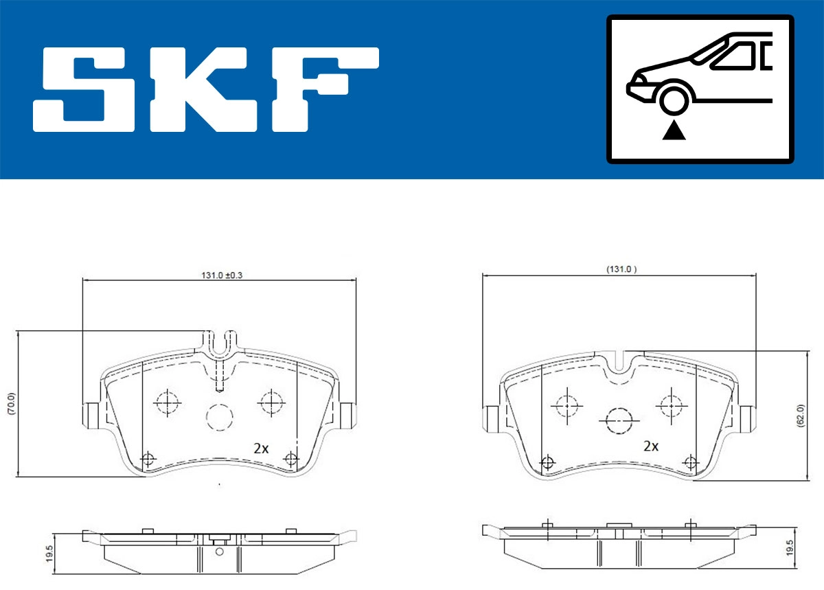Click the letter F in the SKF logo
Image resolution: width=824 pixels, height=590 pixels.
point(323,89)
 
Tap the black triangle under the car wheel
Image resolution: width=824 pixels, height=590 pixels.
point(674,130)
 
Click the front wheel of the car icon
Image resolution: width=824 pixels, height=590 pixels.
point(674,99)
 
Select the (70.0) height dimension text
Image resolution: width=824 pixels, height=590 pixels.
point(10,403)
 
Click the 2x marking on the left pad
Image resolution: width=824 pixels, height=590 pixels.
point(260,449)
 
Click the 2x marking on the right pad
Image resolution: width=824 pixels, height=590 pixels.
point(650,446)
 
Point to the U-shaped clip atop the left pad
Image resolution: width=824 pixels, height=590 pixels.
point(220,343)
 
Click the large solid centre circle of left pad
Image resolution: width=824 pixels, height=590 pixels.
point(220,416)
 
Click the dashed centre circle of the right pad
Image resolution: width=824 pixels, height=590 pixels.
point(619,419)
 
